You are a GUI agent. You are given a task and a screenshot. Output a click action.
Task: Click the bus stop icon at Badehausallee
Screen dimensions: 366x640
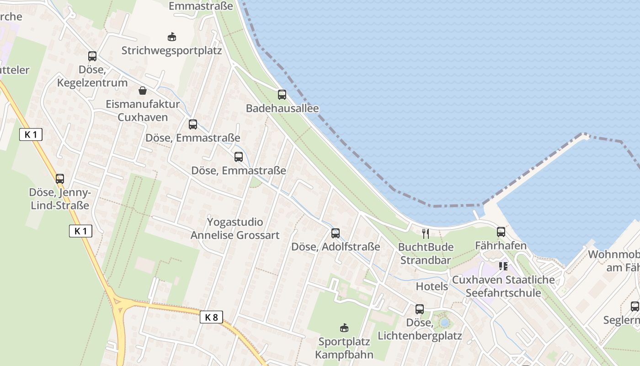coord(282,95)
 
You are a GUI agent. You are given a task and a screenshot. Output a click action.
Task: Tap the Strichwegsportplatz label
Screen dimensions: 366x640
coord(171,50)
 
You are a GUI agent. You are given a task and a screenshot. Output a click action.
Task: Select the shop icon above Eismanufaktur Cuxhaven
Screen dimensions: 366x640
coord(143,90)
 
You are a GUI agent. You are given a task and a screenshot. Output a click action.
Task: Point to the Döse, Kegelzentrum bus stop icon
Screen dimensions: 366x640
coord(92,56)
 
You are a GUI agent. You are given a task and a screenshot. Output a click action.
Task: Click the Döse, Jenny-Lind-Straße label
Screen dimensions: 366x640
coord(60,199)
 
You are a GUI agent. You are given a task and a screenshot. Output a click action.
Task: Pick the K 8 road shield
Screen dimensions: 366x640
coord(211,317)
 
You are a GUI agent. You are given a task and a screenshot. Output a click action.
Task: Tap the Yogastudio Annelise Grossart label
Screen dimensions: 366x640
coord(235,229)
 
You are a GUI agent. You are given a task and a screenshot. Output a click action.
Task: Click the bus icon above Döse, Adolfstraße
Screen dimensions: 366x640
coord(336,233)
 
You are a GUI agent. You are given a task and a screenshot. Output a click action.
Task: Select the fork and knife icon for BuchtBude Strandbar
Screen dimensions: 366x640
coord(426,234)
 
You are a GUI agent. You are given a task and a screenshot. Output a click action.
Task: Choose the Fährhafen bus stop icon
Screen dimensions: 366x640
coord(501,232)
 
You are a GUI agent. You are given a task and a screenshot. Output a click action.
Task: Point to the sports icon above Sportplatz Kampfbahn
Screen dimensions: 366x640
coord(344,328)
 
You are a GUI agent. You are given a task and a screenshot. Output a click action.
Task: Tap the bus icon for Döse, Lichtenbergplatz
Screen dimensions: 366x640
coord(420,309)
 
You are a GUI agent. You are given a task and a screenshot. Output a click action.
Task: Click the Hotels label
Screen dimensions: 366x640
coord(432,286)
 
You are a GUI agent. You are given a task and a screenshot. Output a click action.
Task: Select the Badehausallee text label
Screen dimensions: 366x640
coord(282,108)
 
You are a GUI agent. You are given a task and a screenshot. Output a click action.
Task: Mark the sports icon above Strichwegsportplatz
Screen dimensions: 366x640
coord(172,37)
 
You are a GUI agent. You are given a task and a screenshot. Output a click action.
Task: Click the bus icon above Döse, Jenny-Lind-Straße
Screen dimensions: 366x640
coord(60,179)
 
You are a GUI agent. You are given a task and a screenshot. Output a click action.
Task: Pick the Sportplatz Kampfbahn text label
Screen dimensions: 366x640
coord(344,348)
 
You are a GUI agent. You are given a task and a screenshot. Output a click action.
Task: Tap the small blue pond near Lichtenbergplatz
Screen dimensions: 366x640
coord(444,323)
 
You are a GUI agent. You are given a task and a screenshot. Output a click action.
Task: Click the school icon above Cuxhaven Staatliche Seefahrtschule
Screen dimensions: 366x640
coord(503,266)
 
